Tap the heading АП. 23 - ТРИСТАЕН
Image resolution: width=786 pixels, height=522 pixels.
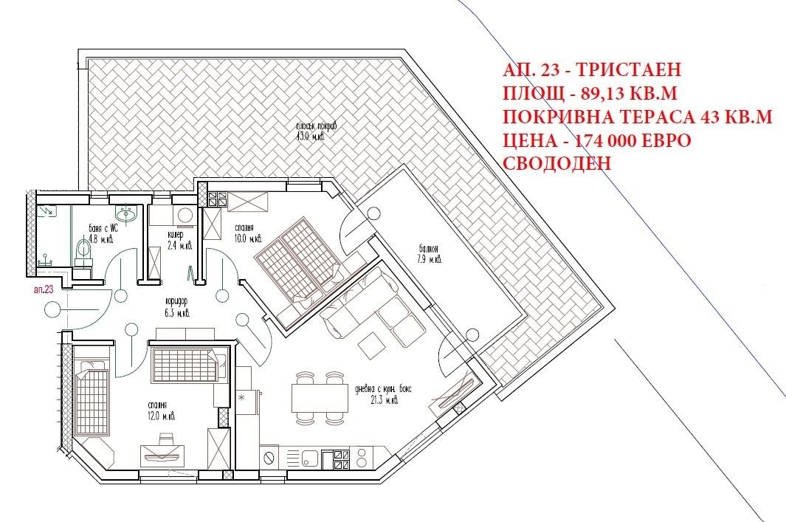click(590, 71)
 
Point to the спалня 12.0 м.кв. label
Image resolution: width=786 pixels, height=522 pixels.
click(156, 411)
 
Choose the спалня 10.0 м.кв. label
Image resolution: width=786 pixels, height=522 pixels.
click(247, 233)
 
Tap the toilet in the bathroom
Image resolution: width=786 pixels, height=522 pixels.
click(82, 252)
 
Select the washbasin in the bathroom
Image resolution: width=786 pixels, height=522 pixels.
click(131, 214)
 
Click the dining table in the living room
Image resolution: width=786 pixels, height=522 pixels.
click(320, 399)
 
